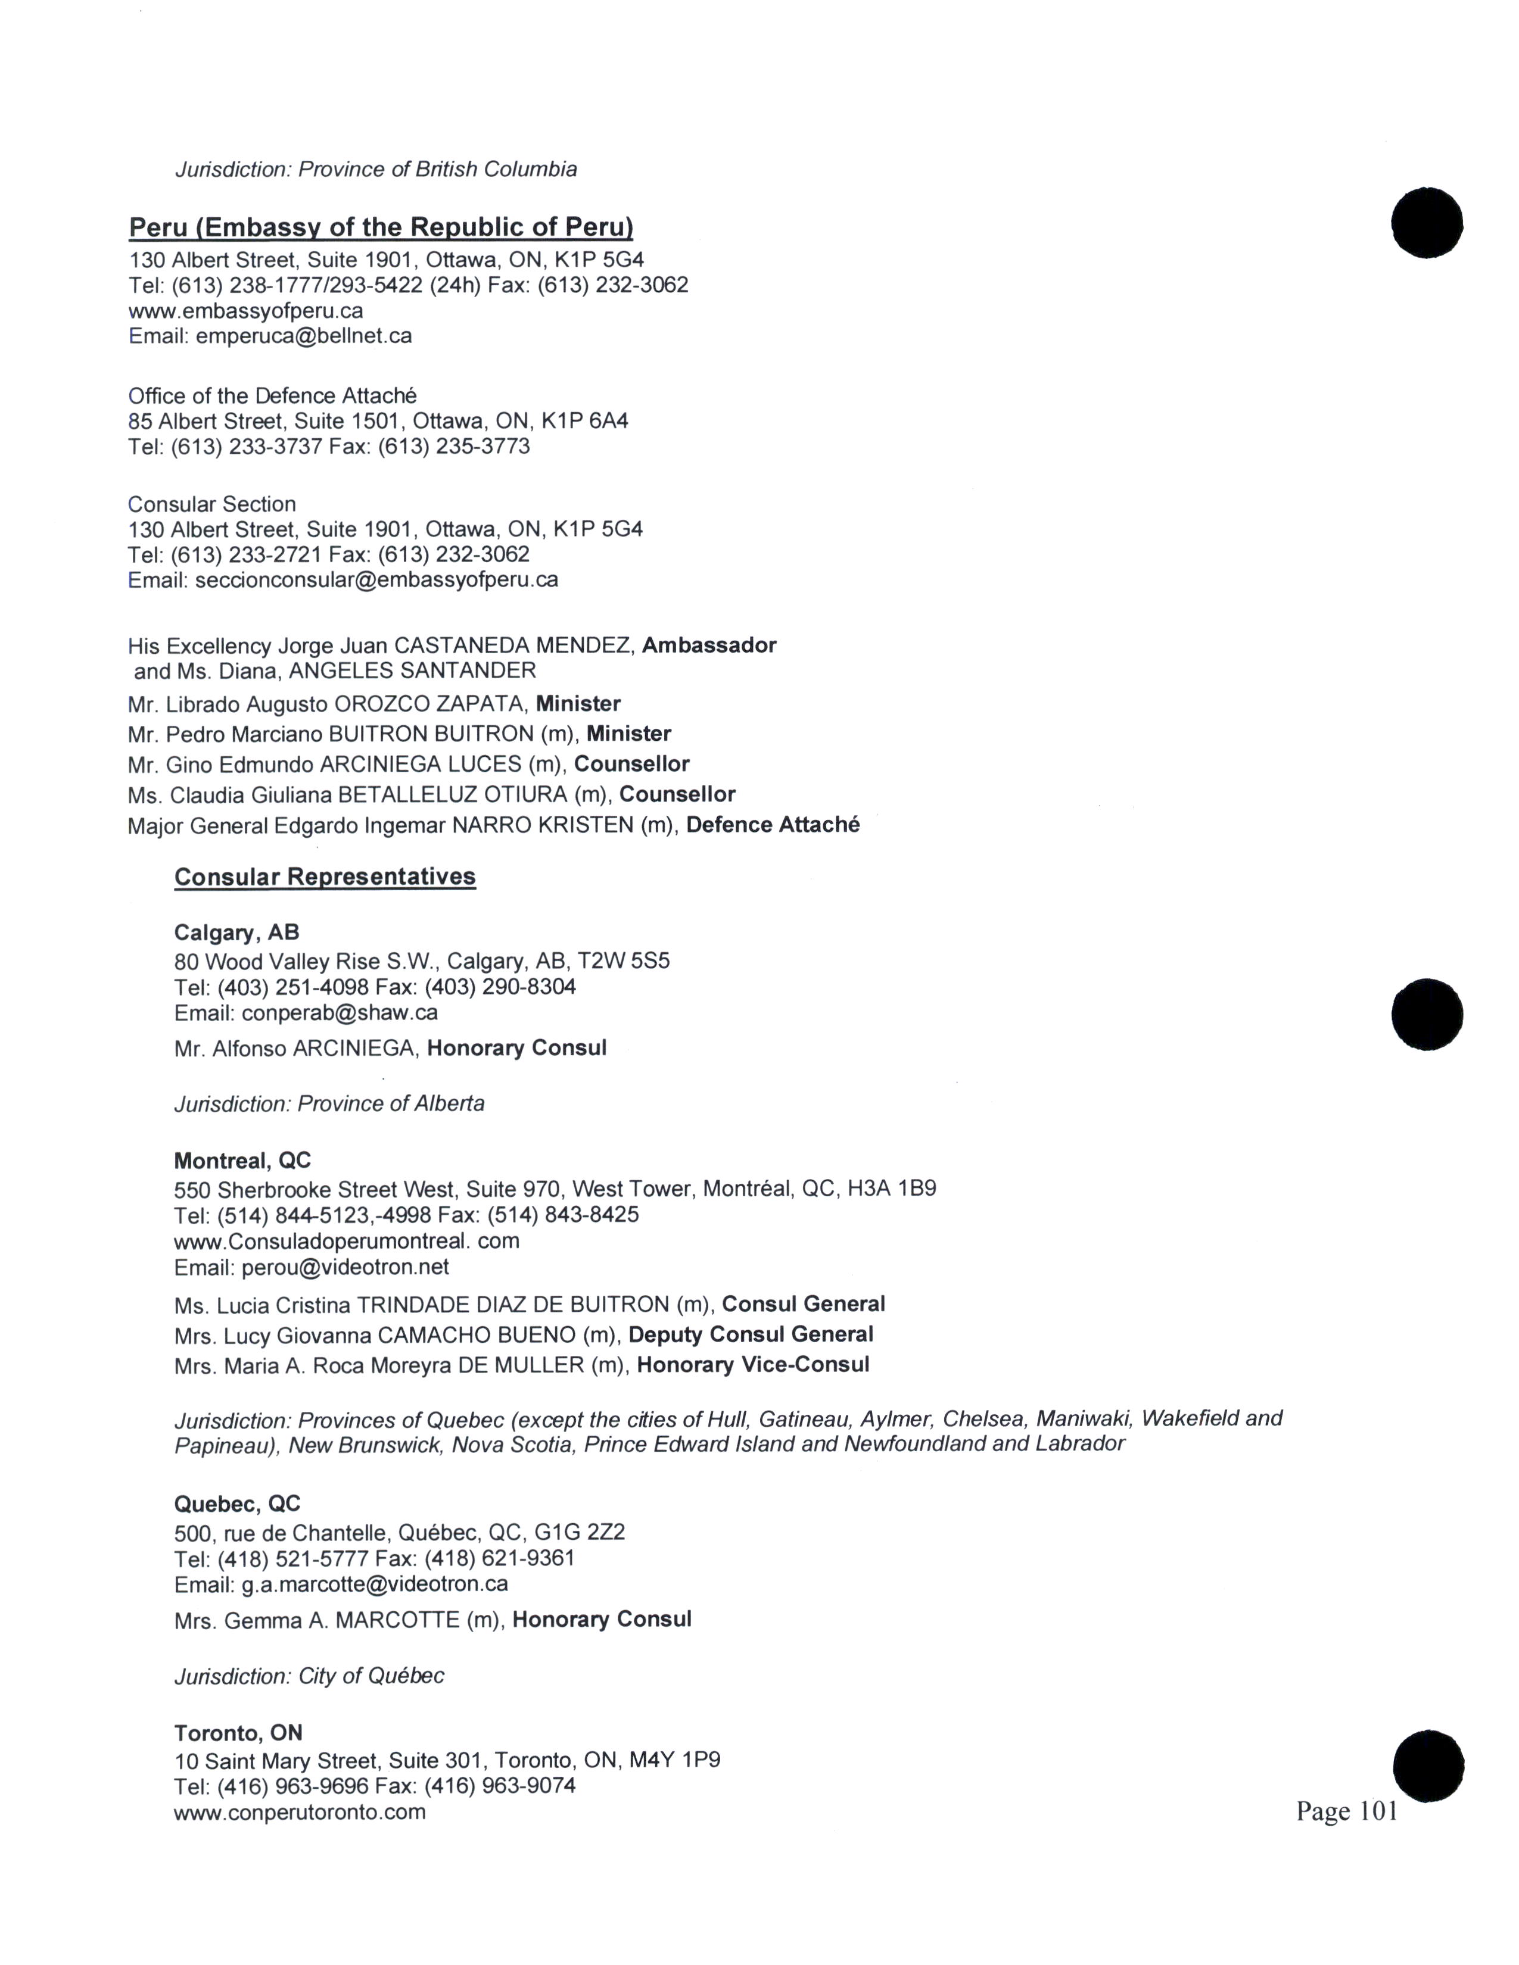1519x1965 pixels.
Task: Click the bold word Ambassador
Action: pyautogui.click(x=708, y=645)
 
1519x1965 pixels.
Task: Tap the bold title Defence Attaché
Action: pyautogui.click(x=772, y=825)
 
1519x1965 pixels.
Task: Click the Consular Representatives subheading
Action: pyautogui.click(x=325, y=877)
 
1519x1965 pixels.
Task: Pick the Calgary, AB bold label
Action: pyautogui.click(x=236, y=932)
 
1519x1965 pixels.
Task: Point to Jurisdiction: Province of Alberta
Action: pyautogui.click(x=329, y=1104)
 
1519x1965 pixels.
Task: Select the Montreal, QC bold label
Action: pyautogui.click(x=242, y=1161)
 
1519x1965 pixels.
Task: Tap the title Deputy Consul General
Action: pyautogui.click(x=751, y=1334)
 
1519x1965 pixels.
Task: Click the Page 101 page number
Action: pyautogui.click(x=1346, y=1811)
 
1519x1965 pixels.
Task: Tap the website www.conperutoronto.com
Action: pyautogui.click(x=300, y=1812)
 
